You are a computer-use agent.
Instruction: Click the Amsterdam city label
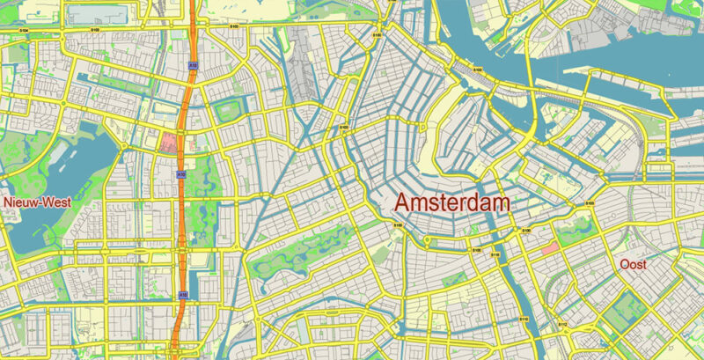[x=452, y=202]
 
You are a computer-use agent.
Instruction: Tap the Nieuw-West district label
[x=36, y=202]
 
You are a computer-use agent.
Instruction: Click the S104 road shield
[x=21, y=31]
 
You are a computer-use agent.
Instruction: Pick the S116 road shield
[x=495, y=254]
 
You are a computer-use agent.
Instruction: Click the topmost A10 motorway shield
[x=192, y=63]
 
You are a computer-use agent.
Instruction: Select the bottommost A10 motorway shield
[x=182, y=294]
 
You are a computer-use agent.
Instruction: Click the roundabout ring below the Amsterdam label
[x=427, y=240]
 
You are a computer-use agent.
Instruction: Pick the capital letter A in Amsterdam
[x=402, y=202]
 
